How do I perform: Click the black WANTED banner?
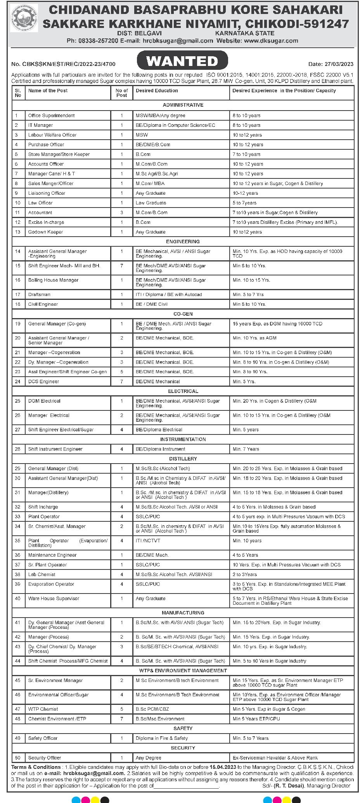click(182, 61)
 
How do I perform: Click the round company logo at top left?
click(24, 18)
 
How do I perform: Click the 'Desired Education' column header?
click(157, 91)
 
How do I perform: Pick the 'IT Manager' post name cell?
click(40, 125)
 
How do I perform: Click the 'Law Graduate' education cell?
click(151, 203)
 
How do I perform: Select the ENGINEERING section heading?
click(183, 242)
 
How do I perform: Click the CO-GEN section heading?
click(183, 314)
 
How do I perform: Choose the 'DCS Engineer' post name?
click(43, 382)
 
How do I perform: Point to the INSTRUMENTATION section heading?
click(183, 440)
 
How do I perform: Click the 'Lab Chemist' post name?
click(42, 575)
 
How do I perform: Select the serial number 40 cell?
click(18, 599)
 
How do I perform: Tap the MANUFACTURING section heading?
click(183, 613)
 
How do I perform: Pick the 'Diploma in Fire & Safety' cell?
click(162, 738)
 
